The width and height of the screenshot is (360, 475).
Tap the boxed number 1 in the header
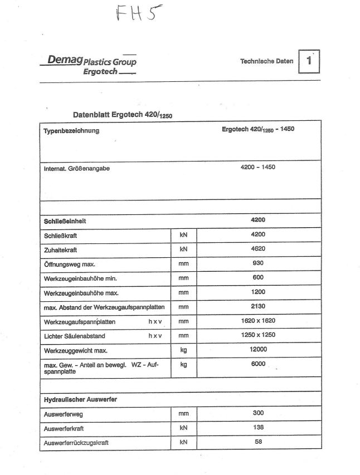[309, 62]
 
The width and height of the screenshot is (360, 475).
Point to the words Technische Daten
[266, 61]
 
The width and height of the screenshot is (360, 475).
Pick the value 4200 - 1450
[258, 167]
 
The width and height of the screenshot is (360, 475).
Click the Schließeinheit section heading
[65, 221]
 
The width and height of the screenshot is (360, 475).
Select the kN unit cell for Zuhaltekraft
[183, 249]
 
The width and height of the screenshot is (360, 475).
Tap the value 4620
[258, 249]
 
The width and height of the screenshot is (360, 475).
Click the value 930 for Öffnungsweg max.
[258, 263]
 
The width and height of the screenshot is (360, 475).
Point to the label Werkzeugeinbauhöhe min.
[80, 278]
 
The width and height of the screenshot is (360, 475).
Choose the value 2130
[258, 306]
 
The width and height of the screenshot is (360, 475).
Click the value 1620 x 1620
[258, 321]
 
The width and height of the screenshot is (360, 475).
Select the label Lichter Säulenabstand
[74, 336]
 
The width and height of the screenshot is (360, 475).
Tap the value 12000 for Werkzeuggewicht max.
[258, 350]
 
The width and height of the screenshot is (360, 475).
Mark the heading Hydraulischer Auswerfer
[80, 399]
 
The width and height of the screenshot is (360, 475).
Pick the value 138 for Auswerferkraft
[258, 428]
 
